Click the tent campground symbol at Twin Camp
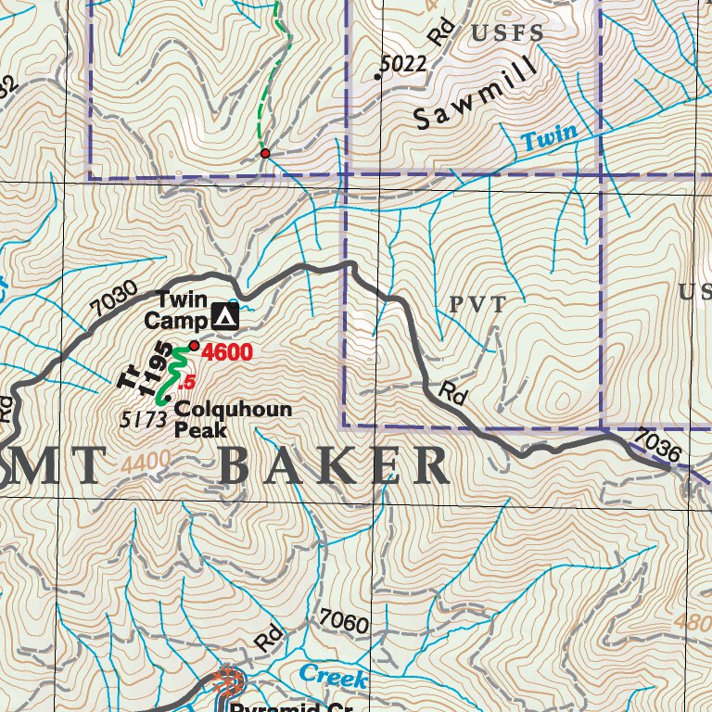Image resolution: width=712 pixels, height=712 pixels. click(223, 317)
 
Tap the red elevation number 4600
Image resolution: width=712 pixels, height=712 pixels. click(226, 352)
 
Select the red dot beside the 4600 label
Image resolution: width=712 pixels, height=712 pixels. click(194, 346)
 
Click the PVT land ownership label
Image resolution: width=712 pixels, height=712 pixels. click(478, 305)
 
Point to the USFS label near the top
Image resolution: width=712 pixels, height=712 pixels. click(507, 34)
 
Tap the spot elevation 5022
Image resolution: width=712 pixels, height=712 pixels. click(403, 64)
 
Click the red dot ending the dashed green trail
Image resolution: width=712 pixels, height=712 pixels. click(265, 153)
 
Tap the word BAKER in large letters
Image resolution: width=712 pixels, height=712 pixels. click(336, 466)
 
